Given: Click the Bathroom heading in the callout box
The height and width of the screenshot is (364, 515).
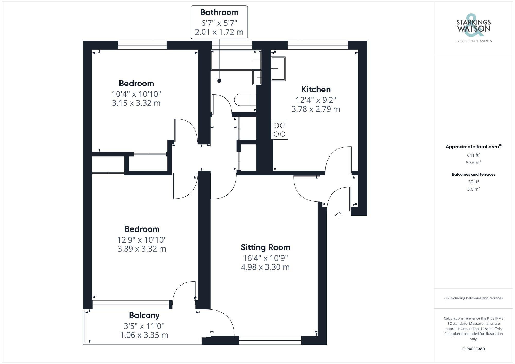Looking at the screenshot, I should pyautogui.click(x=219, y=12).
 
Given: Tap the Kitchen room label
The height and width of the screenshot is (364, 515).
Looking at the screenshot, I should pyautogui.click(x=316, y=89).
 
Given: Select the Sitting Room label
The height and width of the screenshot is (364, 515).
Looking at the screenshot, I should pyautogui.click(x=265, y=247).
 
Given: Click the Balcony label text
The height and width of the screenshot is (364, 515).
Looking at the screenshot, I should pyautogui.click(x=144, y=315).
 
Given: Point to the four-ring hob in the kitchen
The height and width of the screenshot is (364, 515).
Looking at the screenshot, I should pyautogui.click(x=279, y=130).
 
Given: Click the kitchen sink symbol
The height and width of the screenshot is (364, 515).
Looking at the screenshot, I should pyautogui.click(x=278, y=69).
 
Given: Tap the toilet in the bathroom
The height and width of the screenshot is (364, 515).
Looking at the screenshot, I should pyautogui.click(x=245, y=100).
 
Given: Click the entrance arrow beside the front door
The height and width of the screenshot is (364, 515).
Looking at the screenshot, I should pyautogui.click(x=339, y=215).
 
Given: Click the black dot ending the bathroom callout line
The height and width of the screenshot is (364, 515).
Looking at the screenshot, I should pyautogui.click(x=219, y=81).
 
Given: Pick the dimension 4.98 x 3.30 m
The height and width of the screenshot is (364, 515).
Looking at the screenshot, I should pyautogui.click(x=265, y=267).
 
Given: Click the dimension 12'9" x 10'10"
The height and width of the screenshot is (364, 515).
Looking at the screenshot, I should pyautogui.click(x=142, y=240).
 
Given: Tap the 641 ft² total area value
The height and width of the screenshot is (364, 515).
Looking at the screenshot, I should pyautogui.click(x=473, y=155).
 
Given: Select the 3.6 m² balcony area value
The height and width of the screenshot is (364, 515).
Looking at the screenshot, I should pyautogui.click(x=473, y=189).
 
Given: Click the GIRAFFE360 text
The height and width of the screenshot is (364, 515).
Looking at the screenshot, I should pyautogui.click(x=473, y=349).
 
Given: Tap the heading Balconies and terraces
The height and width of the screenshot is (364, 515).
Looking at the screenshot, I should pyautogui.click(x=473, y=174).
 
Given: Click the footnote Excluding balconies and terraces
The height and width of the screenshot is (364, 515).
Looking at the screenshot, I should pyautogui.click(x=473, y=298).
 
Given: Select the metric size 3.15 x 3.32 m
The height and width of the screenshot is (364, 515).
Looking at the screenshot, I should pyautogui.click(x=136, y=103).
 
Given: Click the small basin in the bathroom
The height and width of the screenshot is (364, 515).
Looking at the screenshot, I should pyautogui.click(x=257, y=77).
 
